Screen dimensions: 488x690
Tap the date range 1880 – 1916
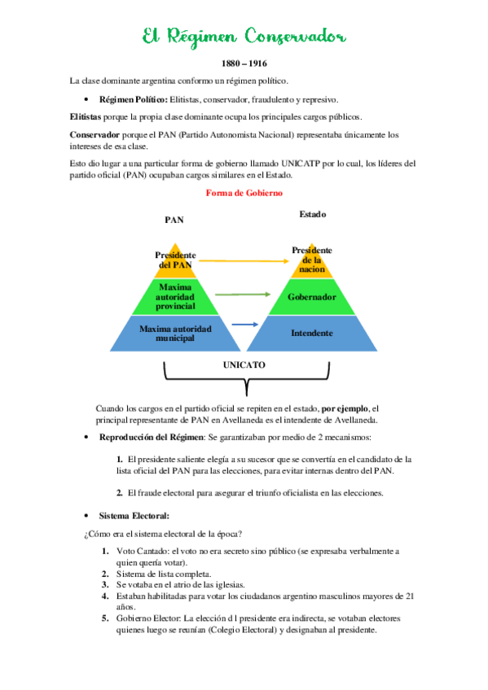244,63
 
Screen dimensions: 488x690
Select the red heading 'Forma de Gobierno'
244,193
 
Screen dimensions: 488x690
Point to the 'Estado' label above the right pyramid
312,215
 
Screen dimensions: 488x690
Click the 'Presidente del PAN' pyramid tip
175,260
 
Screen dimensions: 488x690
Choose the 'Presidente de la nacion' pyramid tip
312,259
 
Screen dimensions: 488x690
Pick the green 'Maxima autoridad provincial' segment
175,297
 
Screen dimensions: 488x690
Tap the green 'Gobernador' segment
312,297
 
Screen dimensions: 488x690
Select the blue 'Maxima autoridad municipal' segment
175,333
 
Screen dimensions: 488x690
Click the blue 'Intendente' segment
312,333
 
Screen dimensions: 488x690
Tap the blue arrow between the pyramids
244,325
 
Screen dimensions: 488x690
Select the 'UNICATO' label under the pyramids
244,365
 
